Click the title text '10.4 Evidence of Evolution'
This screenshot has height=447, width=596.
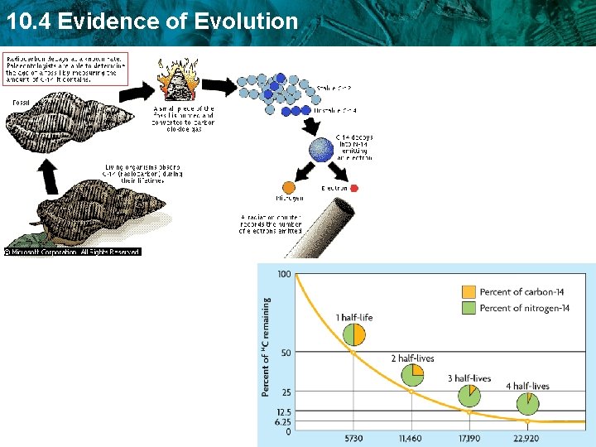150,21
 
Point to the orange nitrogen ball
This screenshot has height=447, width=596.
288,189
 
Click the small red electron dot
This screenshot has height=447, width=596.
354,188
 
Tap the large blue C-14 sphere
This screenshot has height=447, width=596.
320,150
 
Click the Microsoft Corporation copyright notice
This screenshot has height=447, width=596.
73,252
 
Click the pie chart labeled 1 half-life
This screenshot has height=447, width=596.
353,334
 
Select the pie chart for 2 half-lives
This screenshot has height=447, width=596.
412,375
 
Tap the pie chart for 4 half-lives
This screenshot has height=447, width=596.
526,403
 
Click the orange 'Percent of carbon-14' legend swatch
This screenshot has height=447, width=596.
468,291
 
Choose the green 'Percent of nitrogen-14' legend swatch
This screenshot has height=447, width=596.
468,308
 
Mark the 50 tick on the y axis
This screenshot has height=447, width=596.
286,353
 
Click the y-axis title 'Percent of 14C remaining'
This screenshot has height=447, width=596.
267,347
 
